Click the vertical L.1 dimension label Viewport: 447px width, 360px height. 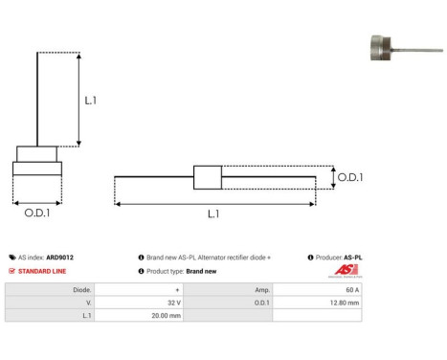pos(90,100)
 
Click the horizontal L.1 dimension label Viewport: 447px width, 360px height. pos(212,214)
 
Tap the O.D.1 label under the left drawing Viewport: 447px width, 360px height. pos(37,213)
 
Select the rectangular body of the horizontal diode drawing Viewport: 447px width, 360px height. pos(207,177)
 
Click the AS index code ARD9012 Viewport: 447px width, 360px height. pos(59,258)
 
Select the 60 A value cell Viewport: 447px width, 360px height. pos(353,288)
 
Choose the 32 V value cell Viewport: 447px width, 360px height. pos(171,302)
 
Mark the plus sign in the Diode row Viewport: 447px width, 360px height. pos(177,288)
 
